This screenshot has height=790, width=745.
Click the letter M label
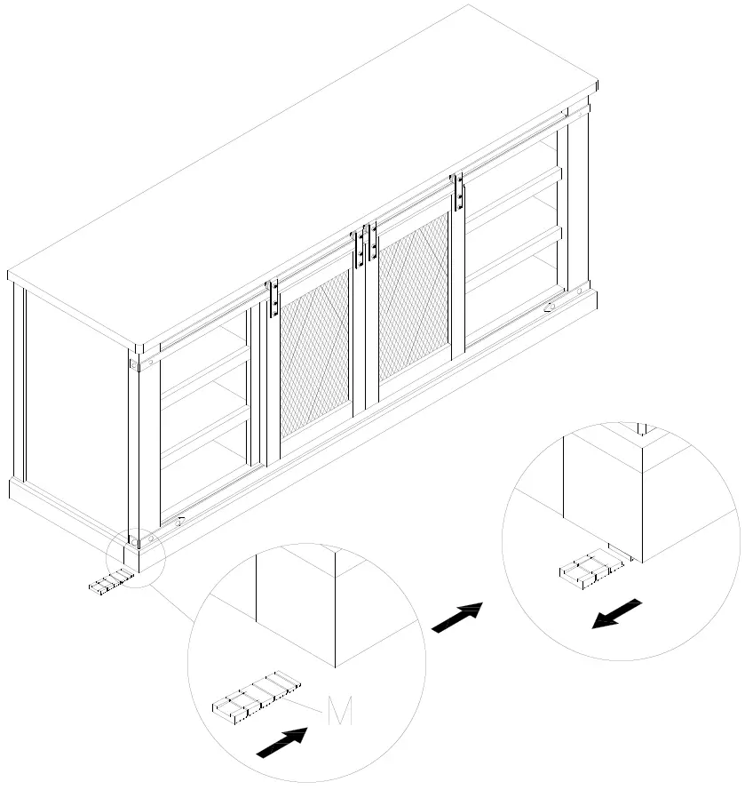[339, 711]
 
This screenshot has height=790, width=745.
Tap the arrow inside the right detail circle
[616, 613]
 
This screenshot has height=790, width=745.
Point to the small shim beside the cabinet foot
[110, 581]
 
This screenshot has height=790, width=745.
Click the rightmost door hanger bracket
[458, 191]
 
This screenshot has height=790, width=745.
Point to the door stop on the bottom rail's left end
[180, 522]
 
